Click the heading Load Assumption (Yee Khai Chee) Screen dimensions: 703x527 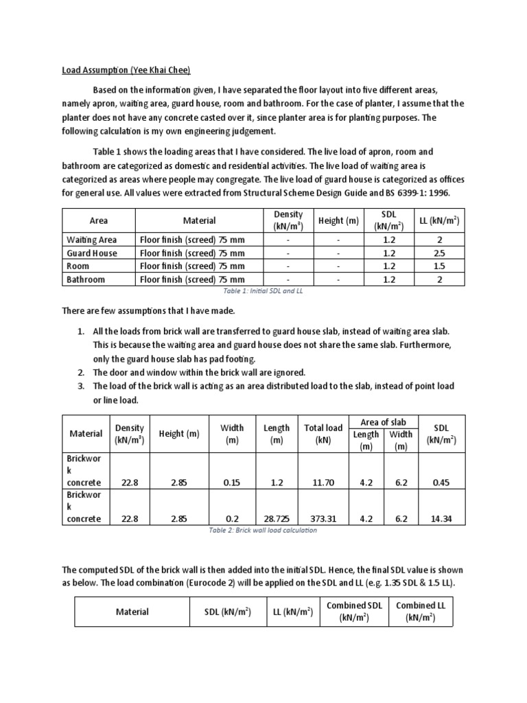(x=126, y=70)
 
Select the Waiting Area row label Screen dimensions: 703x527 (x=91, y=240)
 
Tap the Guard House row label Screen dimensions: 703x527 (x=91, y=253)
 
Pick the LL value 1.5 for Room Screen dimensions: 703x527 (x=439, y=266)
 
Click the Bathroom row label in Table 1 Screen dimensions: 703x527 (x=86, y=279)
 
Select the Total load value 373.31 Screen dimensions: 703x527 (x=323, y=518)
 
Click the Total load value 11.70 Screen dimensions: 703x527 (x=323, y=483)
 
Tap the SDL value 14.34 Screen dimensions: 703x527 (x=441, y=518)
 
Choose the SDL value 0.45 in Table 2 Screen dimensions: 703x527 (x=441, y=483)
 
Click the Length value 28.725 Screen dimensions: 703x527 (x=277, y=518)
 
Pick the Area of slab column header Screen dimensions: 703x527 (x=384, y=422)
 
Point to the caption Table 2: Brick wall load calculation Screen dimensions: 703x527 (x=263, y=531)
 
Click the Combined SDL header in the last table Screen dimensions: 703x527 (x=354, y=611)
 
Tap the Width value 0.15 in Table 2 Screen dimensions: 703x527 (x=232, y=483)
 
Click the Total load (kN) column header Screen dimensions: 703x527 (x=323, y=433)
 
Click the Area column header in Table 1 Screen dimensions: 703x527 (x=99, y=220)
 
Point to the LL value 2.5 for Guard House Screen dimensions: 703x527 (x=439, y=253)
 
